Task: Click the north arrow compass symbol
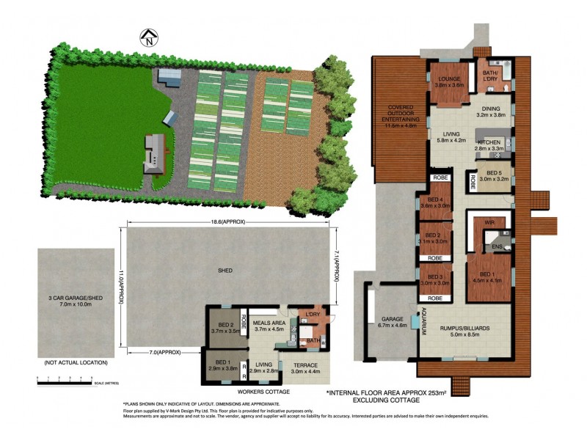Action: [x=149, y=37]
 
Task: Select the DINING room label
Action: [x=490, y=109]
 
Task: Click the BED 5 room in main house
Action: [x=490, y=174]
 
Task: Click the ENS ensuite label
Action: [x=497, y=247]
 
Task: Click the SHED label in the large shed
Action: [x=225, y=271]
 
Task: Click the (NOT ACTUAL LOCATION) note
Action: [x=76, y=363]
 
